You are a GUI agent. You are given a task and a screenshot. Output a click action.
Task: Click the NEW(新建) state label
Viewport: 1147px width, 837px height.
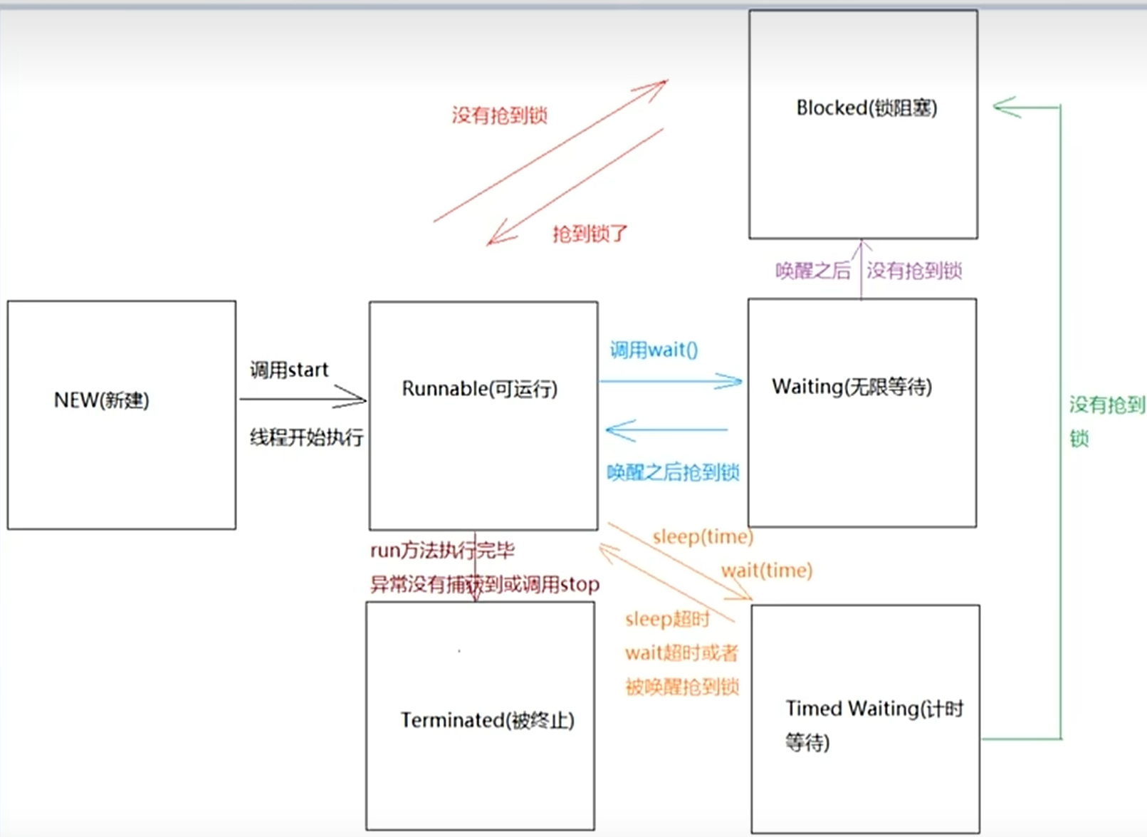click(102, 400)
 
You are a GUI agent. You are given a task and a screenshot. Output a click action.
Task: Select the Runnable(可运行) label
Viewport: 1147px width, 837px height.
click(479, 389)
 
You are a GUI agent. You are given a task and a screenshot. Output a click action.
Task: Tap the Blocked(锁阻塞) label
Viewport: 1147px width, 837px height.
click(866, 108)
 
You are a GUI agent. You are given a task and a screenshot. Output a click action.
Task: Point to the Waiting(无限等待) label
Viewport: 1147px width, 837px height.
click(852, 387)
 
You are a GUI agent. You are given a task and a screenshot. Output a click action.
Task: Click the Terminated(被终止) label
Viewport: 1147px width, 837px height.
click(487, 720)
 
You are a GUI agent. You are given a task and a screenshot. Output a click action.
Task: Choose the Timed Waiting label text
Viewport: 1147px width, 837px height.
click(874, 709)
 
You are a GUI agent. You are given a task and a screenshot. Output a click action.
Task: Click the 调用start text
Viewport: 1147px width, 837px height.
click(289, 370)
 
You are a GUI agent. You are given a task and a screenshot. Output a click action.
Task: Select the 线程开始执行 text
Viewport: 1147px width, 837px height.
click(306, 437)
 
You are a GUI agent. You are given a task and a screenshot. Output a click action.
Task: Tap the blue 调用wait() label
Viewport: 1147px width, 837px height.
click(654, 350)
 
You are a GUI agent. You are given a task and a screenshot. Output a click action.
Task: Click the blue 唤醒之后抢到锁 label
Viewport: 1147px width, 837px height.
click(673, 472)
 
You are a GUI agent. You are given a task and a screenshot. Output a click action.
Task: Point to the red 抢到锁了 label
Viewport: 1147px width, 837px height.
click(590, 234)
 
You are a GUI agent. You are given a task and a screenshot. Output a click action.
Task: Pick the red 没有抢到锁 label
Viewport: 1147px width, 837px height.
click(499, 115)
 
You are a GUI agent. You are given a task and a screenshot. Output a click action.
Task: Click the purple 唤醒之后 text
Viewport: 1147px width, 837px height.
click(812, 271)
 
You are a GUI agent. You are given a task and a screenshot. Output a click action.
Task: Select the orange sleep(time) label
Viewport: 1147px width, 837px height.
click(702, 536)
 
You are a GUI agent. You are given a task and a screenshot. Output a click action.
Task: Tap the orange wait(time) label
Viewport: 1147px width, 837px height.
click(766, 571)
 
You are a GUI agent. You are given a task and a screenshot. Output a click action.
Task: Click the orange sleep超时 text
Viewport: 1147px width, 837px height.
click(667, 619)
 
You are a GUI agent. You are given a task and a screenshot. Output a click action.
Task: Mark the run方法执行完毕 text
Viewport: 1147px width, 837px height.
click(442, 551)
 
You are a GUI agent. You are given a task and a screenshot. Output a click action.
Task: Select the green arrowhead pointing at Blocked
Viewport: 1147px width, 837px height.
click(1004, 108)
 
